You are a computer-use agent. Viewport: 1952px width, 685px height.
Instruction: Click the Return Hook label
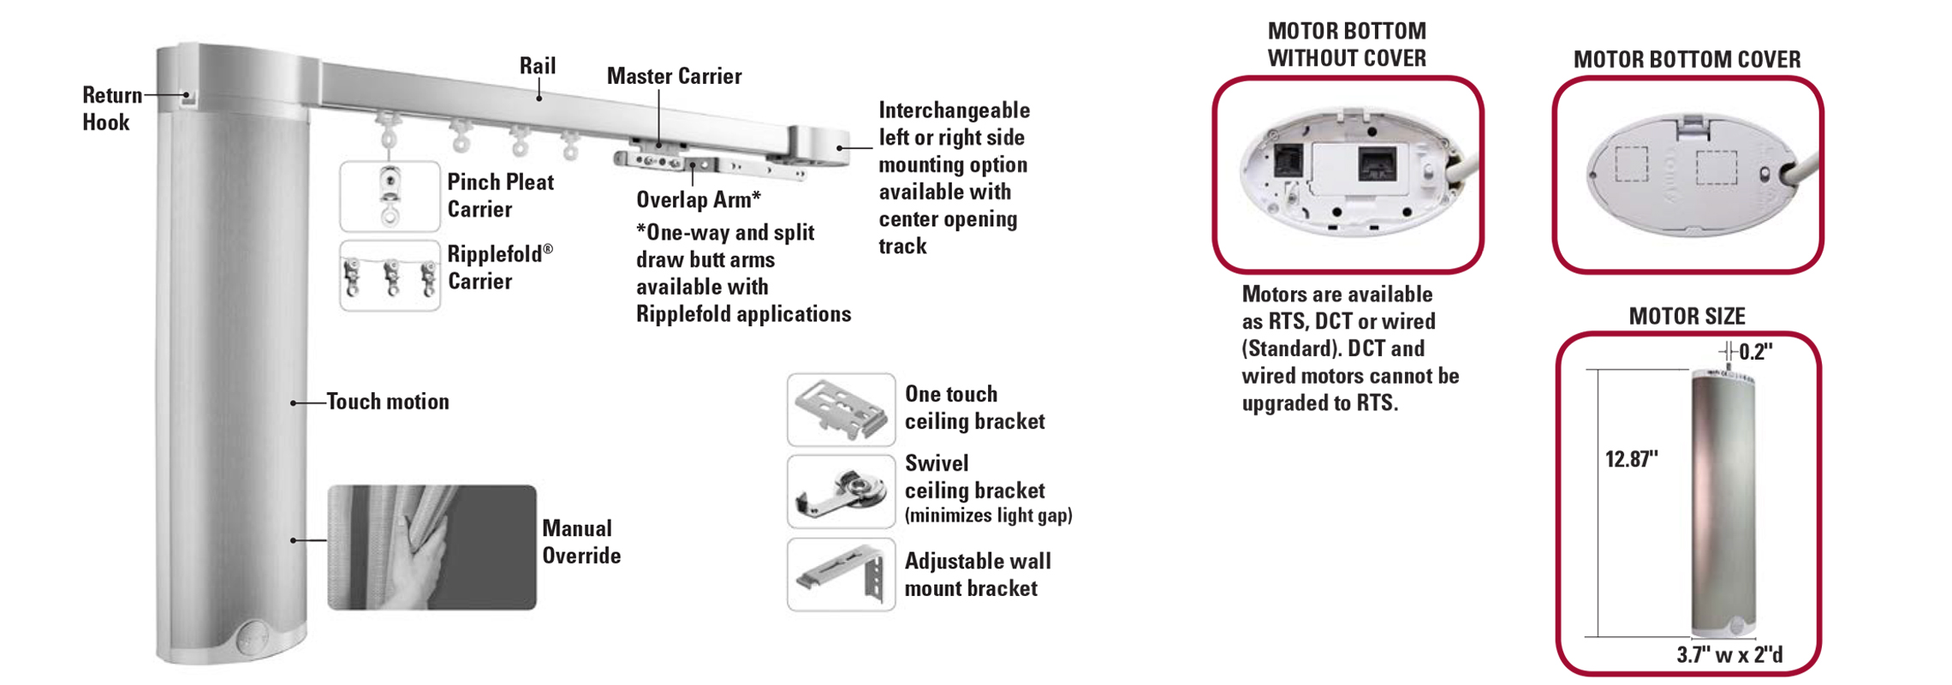point(112,109)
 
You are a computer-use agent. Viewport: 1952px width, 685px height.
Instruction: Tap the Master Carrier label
point(674,76)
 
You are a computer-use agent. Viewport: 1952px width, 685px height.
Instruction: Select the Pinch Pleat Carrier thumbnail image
point(390,196)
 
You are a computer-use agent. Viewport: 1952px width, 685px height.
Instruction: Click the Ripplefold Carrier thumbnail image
point(390,276)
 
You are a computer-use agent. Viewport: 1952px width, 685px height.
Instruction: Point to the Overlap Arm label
point(698,200)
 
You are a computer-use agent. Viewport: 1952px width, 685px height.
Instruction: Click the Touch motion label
point(388,402)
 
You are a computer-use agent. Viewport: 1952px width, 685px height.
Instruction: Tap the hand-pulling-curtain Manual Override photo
point(432,547)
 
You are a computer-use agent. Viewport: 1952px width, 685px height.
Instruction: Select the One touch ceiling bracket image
point(842,409)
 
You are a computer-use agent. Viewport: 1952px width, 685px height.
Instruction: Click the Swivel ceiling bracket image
point(842,491)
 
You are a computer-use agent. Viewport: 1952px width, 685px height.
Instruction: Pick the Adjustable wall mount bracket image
point(842,575)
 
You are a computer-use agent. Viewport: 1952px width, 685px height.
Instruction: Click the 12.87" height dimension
point(1631,460)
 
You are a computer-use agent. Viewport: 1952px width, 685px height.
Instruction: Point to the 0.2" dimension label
point(1755,352)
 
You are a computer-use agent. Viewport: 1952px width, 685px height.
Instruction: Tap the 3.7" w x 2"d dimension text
point(1729,655)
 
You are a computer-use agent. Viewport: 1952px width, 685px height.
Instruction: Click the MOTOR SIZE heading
point(1687,317)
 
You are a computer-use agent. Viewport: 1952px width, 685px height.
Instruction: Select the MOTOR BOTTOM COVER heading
point(1687,60)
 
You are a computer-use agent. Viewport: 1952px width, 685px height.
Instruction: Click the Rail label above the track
point(538,66)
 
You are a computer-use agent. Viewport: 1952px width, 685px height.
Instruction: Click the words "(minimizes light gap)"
point(989,515)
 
